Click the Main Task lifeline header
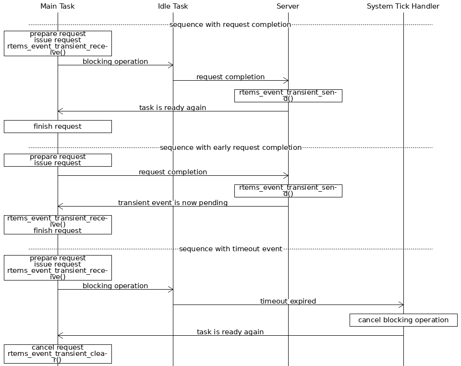pos(58,6)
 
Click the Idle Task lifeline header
pos(173,6)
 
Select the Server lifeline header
pos(288,6)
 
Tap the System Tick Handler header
pos(403,6)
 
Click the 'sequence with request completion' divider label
pos(230,24)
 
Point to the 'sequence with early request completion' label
pos(230,147)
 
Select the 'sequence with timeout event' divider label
pos(230,249)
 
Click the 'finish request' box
pos(58,126)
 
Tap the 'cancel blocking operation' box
pos(403,320)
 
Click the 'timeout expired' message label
pos(288,301)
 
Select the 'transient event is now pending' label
pos(173,203)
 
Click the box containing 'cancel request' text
pos(58,354)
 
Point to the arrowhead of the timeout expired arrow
pos(401,305)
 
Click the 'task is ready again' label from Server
pos(172,108)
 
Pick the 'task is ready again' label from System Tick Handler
pos(230,332)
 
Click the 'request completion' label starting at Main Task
pos(173,172)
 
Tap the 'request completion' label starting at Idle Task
pos(230,77)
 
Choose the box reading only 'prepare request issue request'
pos(58,160)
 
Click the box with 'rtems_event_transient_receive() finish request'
pos(58,224)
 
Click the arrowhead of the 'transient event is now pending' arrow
pos(60,206)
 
